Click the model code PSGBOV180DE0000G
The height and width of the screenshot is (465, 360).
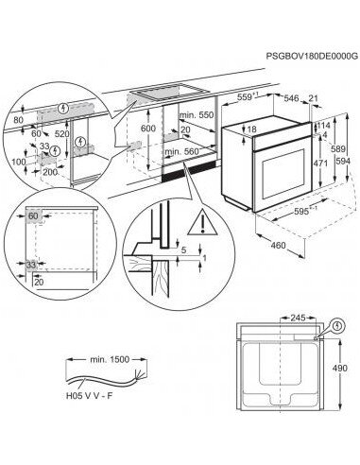tap(312, 57)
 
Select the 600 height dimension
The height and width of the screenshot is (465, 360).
tap(148, 129)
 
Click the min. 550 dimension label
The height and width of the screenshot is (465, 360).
tap(197, 115)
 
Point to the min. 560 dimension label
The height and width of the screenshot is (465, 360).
tap(182, 151)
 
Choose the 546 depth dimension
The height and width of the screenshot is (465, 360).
tap(291, 98)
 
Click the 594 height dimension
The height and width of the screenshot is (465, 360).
tap(343, 161)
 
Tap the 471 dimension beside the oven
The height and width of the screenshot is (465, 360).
tap(320, 164)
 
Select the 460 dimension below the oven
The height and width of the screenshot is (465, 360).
tap(278, 245)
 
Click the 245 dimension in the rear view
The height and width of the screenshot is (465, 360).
tap(298, 319)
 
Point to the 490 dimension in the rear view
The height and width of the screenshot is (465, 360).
tap(340, 368)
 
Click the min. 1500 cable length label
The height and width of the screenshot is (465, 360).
tap(110, 359)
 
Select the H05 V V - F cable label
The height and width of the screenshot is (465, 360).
tap(89, 396)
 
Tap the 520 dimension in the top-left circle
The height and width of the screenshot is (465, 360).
tap(61, 134)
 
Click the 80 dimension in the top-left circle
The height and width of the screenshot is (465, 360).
tap(19, 120)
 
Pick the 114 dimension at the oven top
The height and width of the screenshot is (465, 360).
tap(323, 126)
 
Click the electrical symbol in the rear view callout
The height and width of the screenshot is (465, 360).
tap(338, 325)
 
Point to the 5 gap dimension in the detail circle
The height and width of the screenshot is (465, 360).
tap(184, 250)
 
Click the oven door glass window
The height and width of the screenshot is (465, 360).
tap(283, 174)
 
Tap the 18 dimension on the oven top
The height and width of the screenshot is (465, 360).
tap(252, 129)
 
